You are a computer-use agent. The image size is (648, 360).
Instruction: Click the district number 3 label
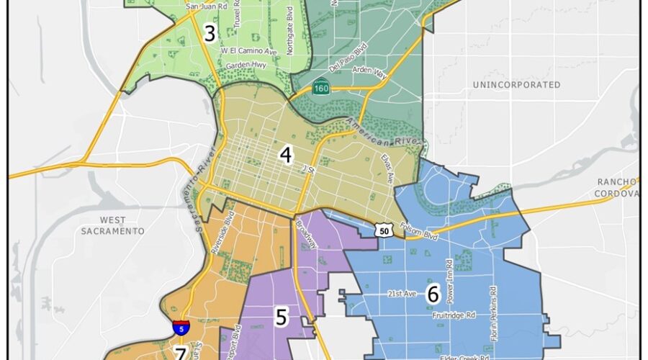coord(210,33)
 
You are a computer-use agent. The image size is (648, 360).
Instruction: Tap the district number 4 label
coord(286,155)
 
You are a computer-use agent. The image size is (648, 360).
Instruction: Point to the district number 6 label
coord(433,294)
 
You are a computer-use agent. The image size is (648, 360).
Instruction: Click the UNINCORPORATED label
coord(516,85)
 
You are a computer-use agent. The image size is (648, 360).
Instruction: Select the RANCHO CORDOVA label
coord(617,186)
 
